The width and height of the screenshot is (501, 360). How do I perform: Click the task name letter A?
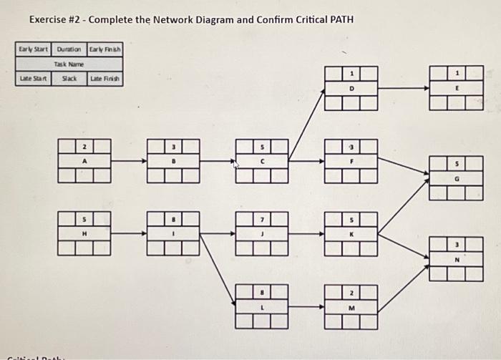[85, 162]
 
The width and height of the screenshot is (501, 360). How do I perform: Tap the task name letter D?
[351, 89]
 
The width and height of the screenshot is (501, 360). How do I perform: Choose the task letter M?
[351, 308]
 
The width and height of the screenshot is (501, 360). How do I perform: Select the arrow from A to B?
[129, 161]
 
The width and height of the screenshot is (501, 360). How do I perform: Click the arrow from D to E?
[403, 89]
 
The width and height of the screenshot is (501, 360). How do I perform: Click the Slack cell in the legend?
[69, 78]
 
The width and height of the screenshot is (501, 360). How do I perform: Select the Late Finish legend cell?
[105, 78]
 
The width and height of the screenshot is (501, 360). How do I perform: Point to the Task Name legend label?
[69, 64]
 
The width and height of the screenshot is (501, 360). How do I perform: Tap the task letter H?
[85, 233]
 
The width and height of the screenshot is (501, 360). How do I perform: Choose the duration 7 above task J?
[263, 219]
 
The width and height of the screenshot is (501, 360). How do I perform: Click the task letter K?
[351, 233]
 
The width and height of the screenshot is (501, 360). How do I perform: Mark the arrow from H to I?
[129, 233]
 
